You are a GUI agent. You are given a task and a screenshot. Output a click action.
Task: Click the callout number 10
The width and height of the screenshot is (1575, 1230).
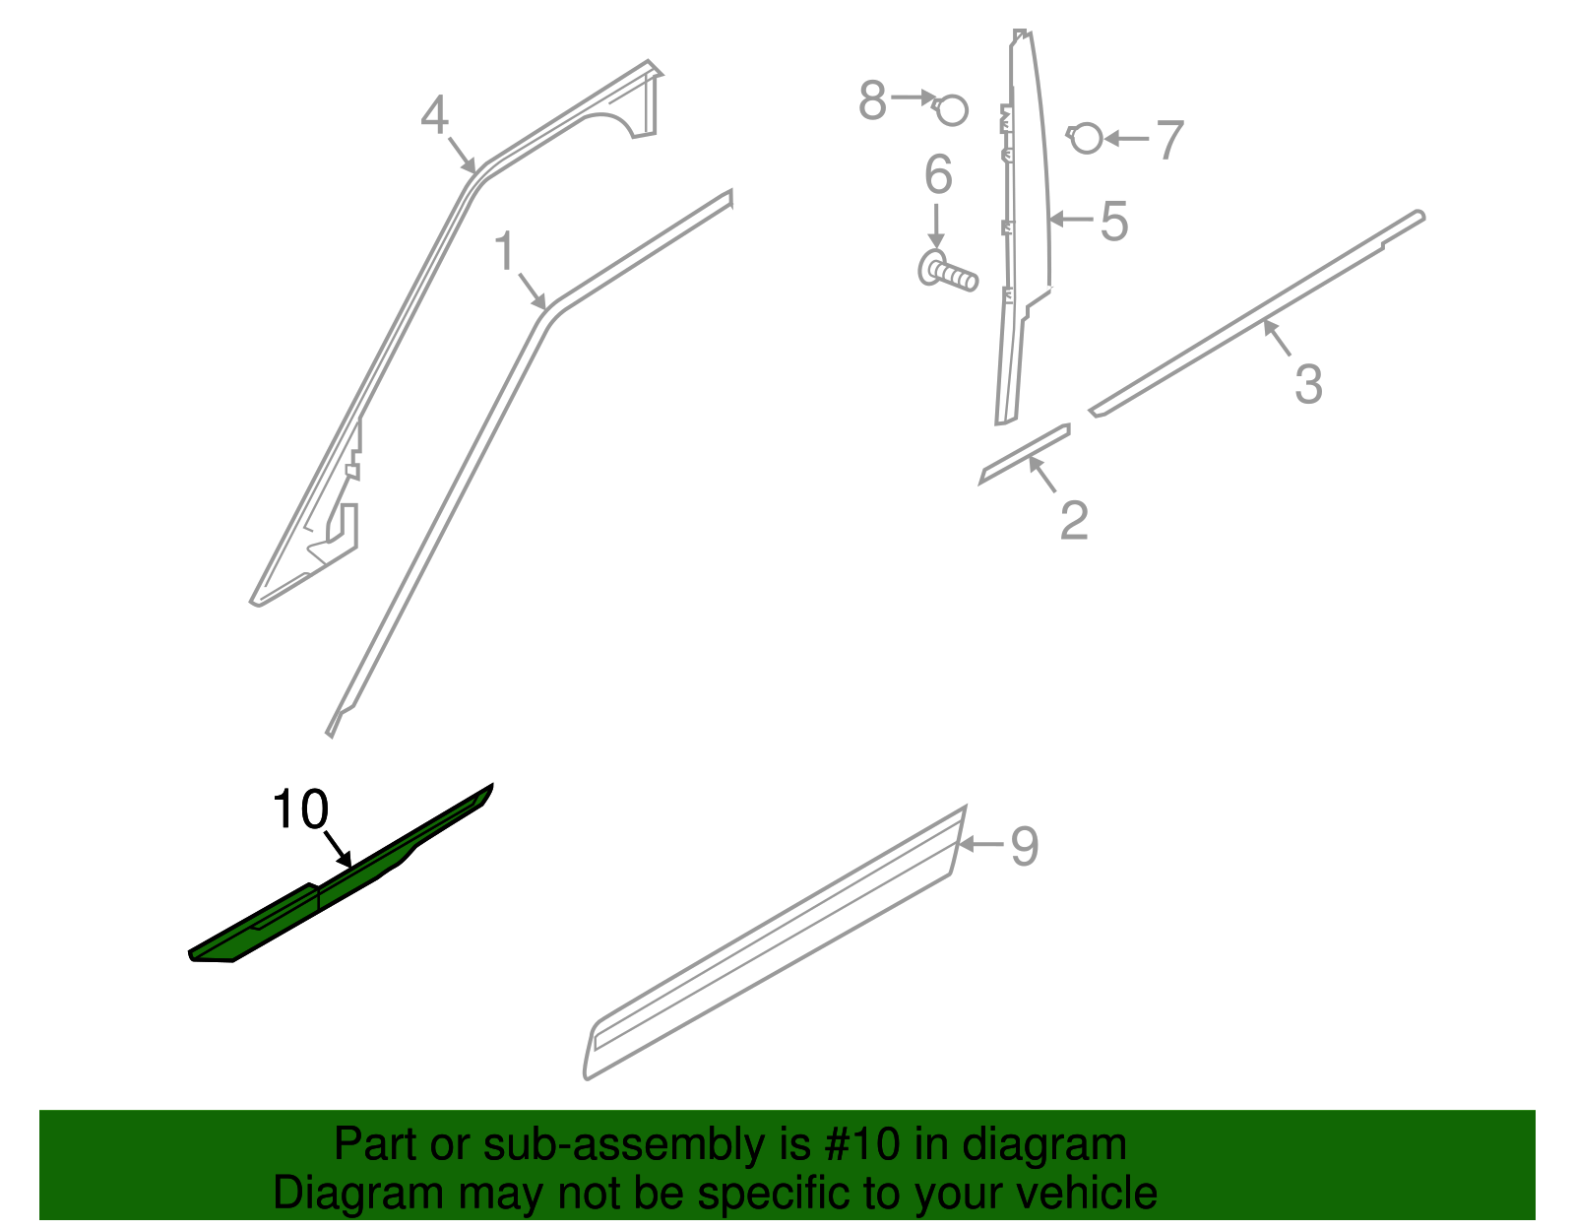pos(299,810)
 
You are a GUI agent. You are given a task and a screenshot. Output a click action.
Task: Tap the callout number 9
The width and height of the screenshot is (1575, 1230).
pos(1024,846)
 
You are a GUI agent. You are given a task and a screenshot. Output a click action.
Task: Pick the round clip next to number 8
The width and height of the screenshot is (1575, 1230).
pos(952,109)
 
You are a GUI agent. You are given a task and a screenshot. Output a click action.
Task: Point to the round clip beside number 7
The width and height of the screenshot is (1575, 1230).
pos(1086,138)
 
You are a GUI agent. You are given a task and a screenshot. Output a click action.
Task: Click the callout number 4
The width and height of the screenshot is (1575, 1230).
pos(434,115)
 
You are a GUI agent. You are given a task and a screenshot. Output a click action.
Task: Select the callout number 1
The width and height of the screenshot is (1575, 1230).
pos(504,251)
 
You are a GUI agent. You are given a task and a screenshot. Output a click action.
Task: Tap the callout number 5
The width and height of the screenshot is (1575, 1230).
pos(1113,221)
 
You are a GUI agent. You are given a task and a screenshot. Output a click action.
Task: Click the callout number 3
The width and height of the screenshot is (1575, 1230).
pos(1308,383)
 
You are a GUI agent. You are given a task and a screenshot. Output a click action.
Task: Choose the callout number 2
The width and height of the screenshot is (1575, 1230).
pos(1074,519)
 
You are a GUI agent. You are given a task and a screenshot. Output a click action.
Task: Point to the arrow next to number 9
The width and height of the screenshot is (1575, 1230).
pos(981,844)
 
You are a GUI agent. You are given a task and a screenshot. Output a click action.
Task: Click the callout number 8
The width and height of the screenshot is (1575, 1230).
pos(872,100)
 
